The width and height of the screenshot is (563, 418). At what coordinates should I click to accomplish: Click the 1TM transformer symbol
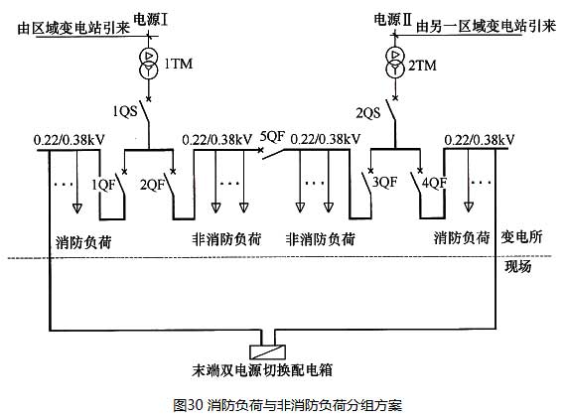148,64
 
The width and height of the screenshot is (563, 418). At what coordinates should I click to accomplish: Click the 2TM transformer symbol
395,63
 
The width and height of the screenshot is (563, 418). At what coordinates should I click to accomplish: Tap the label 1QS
125,111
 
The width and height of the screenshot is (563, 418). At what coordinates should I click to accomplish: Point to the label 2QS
368,113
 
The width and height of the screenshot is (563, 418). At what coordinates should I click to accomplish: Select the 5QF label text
272,136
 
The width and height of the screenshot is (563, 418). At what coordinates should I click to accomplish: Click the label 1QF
104,185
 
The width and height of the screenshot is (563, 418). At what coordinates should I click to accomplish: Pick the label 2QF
152,185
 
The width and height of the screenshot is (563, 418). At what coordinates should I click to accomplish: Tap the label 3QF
384,182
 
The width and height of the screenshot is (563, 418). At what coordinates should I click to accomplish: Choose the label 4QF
434,183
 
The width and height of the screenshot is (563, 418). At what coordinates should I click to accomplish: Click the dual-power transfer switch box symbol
268,351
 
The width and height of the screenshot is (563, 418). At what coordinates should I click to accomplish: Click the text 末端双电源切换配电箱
262,370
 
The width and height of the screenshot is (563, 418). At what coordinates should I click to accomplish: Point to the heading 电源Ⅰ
151,19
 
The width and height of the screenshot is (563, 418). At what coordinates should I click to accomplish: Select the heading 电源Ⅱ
392,19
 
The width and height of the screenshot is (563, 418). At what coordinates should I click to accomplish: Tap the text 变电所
521,237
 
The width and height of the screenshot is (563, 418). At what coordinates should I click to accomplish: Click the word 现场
518,266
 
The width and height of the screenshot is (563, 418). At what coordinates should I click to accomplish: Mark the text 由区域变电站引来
73,28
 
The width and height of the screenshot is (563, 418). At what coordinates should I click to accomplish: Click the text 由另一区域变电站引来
486,26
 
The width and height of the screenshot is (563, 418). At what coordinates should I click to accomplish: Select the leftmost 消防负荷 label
83,242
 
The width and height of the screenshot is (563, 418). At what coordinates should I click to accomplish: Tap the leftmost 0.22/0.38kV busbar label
69,139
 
